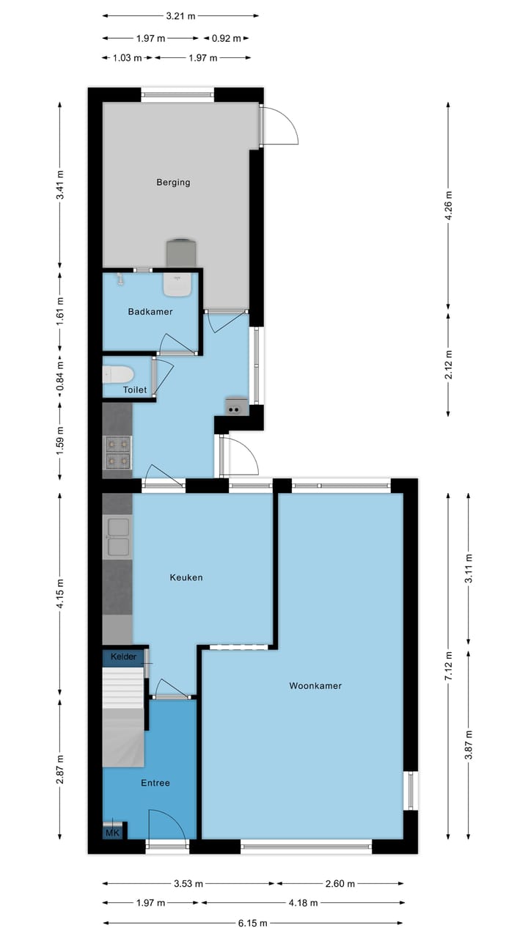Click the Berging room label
(173, 183)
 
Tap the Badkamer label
(150, 312)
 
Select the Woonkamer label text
(315, 687)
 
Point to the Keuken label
(186, 577)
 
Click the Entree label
(155, 783)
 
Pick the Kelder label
(123, 657)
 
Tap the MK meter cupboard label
(112, 833)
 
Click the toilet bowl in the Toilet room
(117, 374)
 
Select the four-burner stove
(117, 452)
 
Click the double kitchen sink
(117, 537)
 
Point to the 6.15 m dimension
(253, 923)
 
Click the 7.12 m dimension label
(448, 665)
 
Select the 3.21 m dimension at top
(180, 15)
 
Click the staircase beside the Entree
(122, 719)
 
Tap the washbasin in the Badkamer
(177, 285)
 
